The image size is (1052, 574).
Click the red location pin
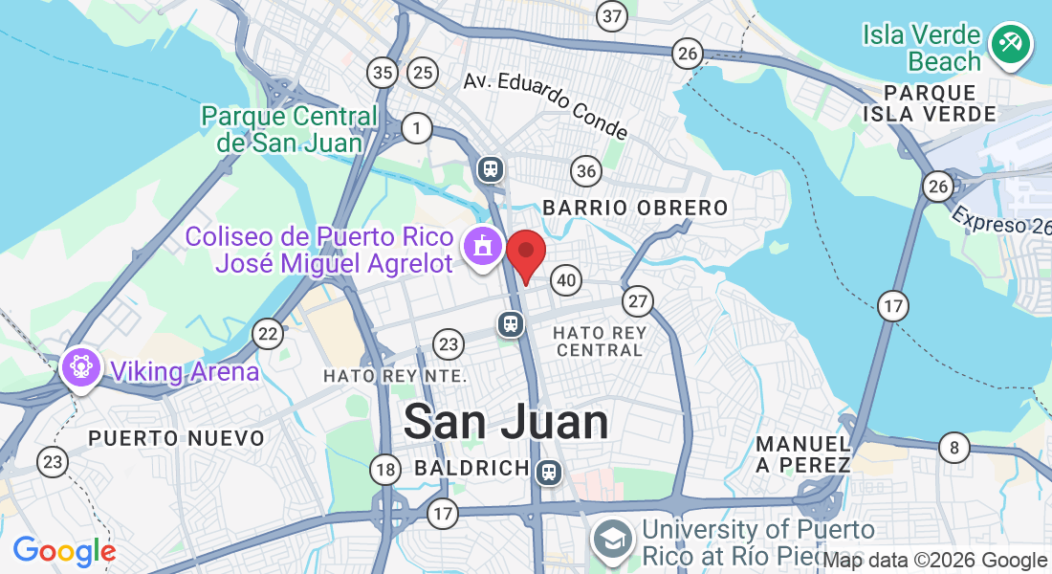point(525,254)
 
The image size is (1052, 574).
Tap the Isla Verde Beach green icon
point(1009,43)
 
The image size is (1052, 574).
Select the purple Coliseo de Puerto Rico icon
point(483,246)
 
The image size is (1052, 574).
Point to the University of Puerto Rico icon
point(612,539)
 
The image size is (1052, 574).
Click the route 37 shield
point(611,15)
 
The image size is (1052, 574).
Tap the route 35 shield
point(384,72)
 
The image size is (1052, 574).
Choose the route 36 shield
point(586,172)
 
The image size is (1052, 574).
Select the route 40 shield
point(566,280)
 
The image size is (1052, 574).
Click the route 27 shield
point(638,302)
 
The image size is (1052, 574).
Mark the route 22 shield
point(268,333)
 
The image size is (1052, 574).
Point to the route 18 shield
point(385,469)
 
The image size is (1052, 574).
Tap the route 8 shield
point(953,447)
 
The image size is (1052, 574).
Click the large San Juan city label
point(506,422)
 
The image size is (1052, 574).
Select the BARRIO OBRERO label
point(635,208)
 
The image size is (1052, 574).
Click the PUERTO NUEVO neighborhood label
point(176,438)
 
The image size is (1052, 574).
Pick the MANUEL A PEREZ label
point(803,454)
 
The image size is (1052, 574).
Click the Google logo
point(64,551)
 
